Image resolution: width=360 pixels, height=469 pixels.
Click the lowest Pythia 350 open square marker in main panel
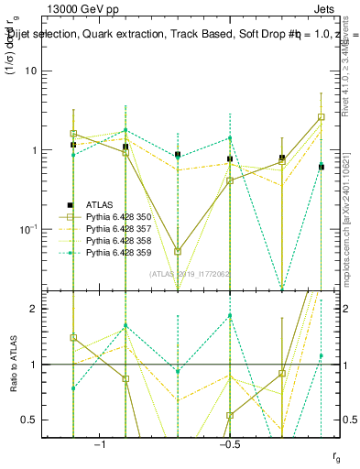pos(178,251)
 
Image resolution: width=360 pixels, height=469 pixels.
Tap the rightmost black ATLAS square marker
pos(322,167)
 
